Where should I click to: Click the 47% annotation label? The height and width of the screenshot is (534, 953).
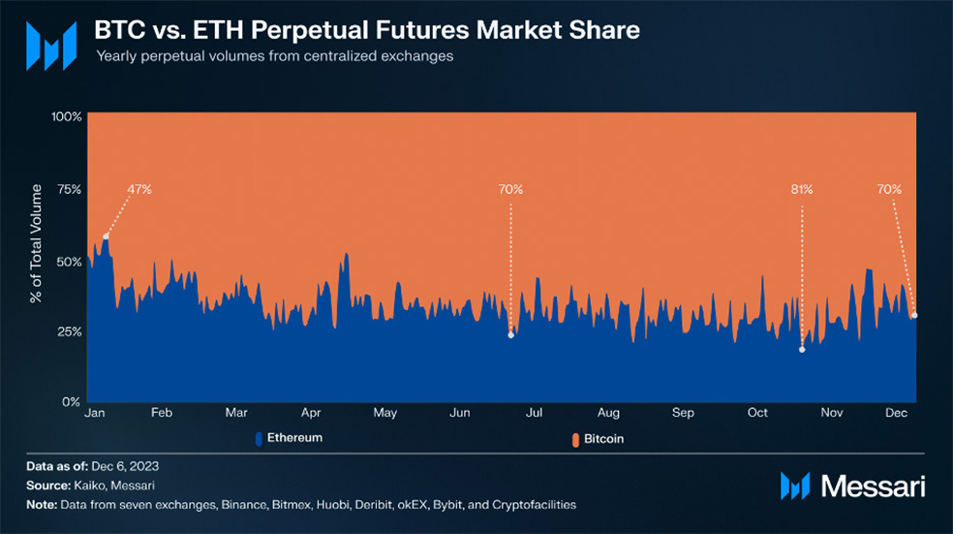coord(139,189)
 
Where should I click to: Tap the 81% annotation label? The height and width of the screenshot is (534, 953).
coord(802,189)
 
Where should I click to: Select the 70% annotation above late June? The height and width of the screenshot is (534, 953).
coord(510,189)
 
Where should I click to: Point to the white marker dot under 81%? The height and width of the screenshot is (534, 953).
coord(802,350)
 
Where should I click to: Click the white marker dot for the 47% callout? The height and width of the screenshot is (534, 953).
coord(106,236)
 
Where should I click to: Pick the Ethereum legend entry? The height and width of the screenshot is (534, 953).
coord(290,438)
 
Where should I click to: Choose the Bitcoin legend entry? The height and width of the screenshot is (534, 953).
coord(599,439)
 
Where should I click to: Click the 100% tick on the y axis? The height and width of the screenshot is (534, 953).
coord(66,116)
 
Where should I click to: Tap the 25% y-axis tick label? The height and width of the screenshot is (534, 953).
coord(70,331)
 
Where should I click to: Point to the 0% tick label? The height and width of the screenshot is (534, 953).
coord(71,401)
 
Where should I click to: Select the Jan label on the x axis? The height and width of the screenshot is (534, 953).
coord(95,412)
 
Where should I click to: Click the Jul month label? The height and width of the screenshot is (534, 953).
coord(535,412)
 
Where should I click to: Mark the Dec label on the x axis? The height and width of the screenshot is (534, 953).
coord(897,412)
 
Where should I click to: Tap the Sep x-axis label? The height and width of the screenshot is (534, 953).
coord(683,412)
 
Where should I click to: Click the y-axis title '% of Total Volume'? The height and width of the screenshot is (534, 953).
coord(36,243)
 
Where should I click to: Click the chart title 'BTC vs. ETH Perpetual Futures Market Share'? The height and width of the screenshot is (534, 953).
coord(367,30)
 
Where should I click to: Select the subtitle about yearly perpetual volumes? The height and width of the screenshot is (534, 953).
coord(275,56)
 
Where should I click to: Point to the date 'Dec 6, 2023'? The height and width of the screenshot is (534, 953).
coord(125,466)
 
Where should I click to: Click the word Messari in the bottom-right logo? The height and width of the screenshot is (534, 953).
coord(873,486)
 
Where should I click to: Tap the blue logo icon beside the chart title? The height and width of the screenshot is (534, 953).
coord(51,46)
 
